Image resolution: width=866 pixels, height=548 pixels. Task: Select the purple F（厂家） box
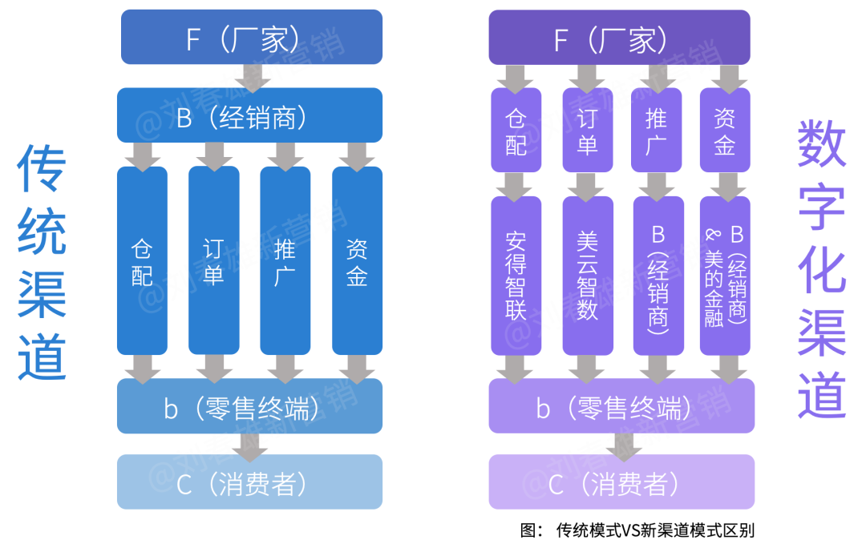619,37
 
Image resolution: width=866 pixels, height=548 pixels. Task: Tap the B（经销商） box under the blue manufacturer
249,115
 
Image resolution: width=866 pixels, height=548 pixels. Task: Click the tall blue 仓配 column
142,260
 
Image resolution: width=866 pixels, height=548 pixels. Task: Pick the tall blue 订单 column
213,260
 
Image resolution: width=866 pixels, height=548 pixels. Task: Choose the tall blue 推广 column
285,260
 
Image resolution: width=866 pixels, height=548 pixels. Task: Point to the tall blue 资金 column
357,260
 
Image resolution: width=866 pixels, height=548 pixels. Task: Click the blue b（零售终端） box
249,406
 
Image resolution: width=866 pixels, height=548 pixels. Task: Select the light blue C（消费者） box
249,482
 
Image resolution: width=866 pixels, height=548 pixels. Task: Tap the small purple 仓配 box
516,130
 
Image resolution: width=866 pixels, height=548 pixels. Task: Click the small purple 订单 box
587,130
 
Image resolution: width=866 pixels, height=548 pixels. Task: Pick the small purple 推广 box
656,130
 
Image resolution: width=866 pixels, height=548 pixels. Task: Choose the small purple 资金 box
724,130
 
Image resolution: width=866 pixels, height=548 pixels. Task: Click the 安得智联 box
516,276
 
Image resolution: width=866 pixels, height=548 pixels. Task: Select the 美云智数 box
587,276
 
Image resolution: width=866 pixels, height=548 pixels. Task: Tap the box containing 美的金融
725,276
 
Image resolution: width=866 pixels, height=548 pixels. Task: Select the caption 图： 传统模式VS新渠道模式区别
637,530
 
